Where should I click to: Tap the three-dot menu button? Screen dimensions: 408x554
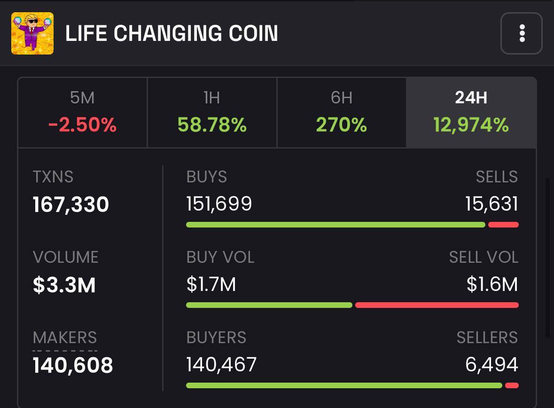[522, 33]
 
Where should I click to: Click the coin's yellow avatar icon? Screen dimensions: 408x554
[32, 33]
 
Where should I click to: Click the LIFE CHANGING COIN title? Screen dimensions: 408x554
[172, 33]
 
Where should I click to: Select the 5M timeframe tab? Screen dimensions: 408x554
[82, 113]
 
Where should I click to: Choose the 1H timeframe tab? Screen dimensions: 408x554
[212, 113]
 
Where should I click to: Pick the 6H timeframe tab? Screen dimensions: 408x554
[342, 113]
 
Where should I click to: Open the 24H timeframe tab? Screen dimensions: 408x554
[471, 113]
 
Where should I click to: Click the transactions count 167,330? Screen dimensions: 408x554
[71, 204]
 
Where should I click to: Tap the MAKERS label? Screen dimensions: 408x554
[65, 337]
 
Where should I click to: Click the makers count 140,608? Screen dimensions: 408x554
[73, 365]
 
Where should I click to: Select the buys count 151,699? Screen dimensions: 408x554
[219, 204]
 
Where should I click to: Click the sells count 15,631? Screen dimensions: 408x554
[492, 204]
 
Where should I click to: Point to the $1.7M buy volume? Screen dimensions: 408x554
[211, 284]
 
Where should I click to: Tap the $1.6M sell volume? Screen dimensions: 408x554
[492, 284]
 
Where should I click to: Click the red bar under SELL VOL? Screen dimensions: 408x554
[437, 305]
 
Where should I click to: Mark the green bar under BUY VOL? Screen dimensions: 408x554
[269, 305]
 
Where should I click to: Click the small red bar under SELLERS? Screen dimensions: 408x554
[512, 385]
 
